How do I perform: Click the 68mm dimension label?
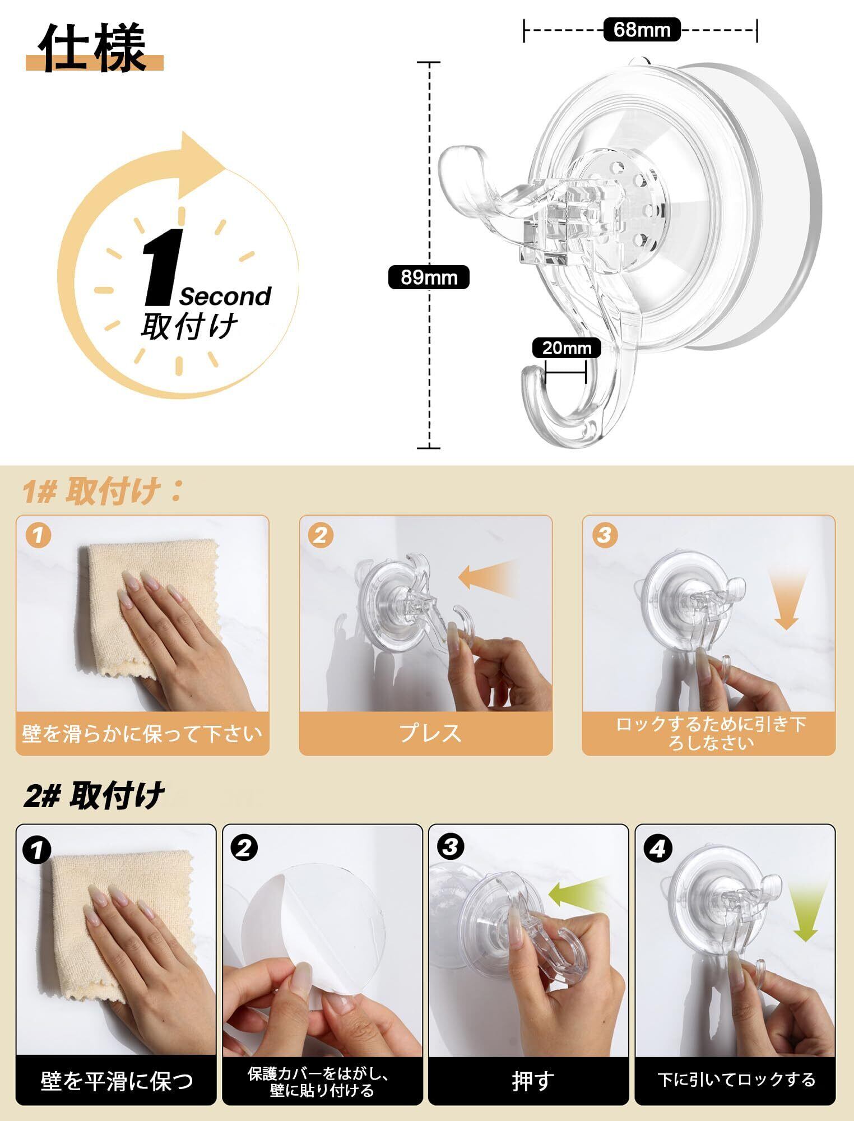coord(642,29)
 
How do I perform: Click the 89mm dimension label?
coord(429,277)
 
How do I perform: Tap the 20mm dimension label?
coord(567,348)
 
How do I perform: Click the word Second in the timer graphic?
coord(225,296)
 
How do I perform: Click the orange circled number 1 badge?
coord(38,535)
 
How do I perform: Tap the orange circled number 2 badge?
coord(320,535)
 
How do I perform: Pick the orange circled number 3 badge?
coord(604,535)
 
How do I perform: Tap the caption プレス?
coord(430,733)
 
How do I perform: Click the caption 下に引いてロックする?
coord(736,1080)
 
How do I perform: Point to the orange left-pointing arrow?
coord(488,578)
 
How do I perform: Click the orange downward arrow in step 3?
coord(786,600)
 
